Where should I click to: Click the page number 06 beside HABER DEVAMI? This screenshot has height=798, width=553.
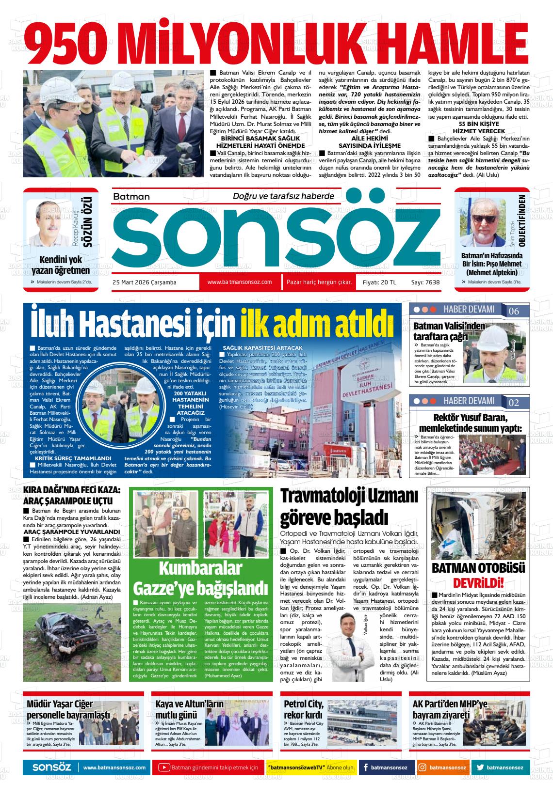(513, 311)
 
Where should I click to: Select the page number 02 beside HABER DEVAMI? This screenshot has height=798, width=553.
(513, 403)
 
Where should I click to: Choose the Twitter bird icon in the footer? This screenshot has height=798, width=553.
(480, 767)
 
